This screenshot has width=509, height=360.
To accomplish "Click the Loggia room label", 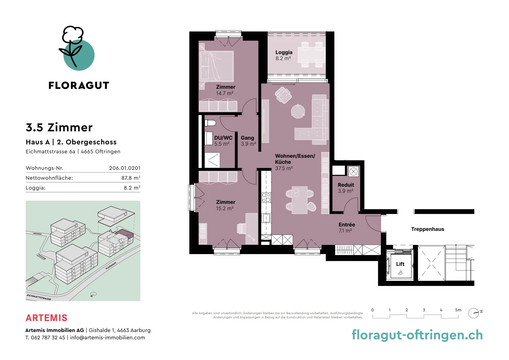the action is pyautogui.click(x=284, y=55).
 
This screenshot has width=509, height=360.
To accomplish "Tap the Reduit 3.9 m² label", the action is pyautogui.click(x=345, y=188).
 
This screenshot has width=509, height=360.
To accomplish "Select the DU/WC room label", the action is pyautogui.click(x=223, y=141).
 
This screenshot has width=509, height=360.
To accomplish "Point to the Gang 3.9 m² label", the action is pyautogui.click(x=248, y=141).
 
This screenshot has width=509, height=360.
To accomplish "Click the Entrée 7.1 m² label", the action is pyautogui.click(x=346, y=228).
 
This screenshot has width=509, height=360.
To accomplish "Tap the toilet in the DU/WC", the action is pyautogui.click(x=210, y=123).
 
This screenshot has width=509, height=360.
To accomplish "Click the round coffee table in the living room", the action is pyautogui.click(x=298, y=111).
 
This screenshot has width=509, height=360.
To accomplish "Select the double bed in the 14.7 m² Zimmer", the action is pyautogui.click(x=216, y=66).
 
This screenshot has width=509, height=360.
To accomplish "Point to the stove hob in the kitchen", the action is pyautogui.click(x=266, y=197).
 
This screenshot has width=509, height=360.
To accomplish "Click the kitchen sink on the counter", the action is pyautogui.click(x=266, y=218).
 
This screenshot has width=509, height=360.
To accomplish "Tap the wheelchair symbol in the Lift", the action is pyautogui.click(x=401, y=272).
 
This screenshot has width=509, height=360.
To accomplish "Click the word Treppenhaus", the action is pyautogui.click(x=428, y=229).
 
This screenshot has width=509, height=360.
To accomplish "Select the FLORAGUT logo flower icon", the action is pyautogui.click(x=77, y=48).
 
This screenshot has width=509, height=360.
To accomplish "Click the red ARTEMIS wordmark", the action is pyautogui.click(x=46, y=318).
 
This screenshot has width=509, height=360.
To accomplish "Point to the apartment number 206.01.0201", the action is pyautogui.click(x=125, y=168).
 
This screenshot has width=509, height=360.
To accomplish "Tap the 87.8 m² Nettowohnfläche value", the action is pyautogui.click(x=131, y=178).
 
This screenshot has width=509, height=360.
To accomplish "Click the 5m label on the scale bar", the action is pyautogui.click(x=458, y=310).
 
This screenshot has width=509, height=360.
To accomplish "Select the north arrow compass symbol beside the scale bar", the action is pyautogui.click(x=475, y=313).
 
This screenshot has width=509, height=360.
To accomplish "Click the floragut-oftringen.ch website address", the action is pyautogui.click(x=417, y=335).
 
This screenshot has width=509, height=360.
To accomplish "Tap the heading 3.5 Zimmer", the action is pyautogui.click(x=59, y=127).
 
